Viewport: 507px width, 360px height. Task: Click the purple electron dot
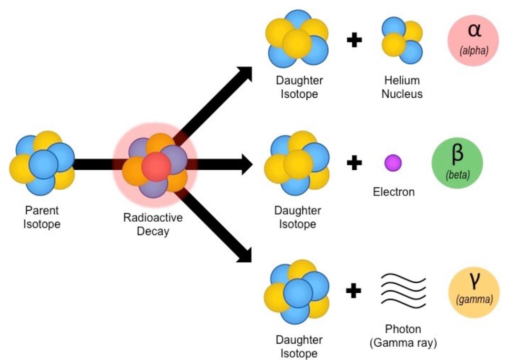point(393,163)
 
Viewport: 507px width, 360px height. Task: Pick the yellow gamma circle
point(474,292)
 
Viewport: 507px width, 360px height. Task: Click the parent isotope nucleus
point(42,163)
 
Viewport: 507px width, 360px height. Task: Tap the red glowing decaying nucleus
point(155,166)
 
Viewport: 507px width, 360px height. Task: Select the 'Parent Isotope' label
point(42,217)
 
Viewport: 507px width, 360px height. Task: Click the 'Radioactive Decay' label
point(152,225)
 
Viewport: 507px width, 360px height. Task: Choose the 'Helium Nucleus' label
point(402,87)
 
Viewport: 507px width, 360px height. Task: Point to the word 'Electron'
point(394,192)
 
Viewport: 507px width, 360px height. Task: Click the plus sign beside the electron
point(354,163)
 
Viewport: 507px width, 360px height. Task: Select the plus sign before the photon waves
point(353,290)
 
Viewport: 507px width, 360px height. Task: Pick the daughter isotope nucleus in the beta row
point(296,164)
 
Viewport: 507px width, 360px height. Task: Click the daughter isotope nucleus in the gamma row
point(296,291)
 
